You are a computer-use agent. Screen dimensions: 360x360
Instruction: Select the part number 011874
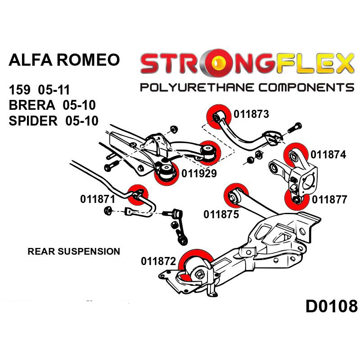(x=328, y=155)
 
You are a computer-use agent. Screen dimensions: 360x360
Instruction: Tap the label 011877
(x=330, y=199)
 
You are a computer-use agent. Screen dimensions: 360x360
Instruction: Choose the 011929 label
(x=199, y=173)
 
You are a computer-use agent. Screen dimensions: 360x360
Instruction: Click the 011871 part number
(x=99, y=198)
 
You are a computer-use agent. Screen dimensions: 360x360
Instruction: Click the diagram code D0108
(x=331, y=306)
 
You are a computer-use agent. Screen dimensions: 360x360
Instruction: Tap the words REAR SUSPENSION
(x=74, y=251)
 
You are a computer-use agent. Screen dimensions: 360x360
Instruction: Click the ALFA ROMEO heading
(x=65, y=60)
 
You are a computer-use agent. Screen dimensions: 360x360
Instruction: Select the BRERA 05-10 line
(x=52, y=104)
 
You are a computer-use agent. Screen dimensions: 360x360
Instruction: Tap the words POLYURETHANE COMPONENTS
(x=247, y=87)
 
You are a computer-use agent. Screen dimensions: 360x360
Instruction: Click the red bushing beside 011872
(x=195, y=265)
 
